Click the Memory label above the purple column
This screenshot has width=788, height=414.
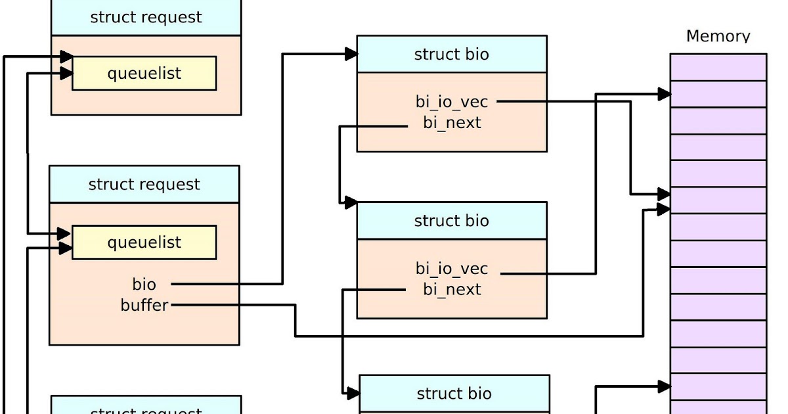718,36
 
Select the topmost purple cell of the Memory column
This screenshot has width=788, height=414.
718,66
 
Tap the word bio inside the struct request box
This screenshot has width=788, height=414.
144,284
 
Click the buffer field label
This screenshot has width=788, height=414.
144,305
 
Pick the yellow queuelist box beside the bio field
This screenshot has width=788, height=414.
144,242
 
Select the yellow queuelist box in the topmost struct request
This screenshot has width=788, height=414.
144,73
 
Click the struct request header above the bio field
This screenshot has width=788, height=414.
144,185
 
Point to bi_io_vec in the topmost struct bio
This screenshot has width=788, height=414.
452,102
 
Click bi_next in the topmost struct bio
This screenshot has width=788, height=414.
452,123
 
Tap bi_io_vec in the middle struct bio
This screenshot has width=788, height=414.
452,269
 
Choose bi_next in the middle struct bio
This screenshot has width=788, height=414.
452,290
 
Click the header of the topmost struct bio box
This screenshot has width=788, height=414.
452,55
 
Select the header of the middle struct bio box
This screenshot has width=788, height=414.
452,221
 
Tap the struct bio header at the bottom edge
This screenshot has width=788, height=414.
454,394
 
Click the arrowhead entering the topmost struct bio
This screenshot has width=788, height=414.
351,54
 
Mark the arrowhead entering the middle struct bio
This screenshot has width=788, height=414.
351,202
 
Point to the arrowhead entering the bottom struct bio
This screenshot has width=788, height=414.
353,393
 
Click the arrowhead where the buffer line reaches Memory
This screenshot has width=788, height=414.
664,209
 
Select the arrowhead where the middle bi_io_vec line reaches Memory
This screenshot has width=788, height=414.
664,94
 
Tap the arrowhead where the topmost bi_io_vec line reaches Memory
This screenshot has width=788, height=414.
664,195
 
